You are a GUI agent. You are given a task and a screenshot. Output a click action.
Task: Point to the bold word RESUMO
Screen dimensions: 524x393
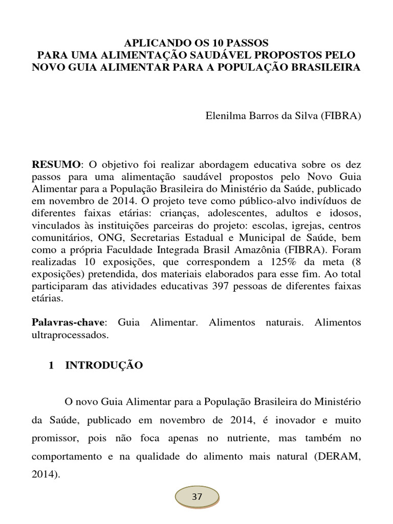(56, 164)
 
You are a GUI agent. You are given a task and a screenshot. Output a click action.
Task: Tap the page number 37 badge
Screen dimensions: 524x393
(197, 497)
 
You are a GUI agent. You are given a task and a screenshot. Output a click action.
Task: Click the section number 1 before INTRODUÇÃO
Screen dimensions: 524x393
(51, 365)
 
